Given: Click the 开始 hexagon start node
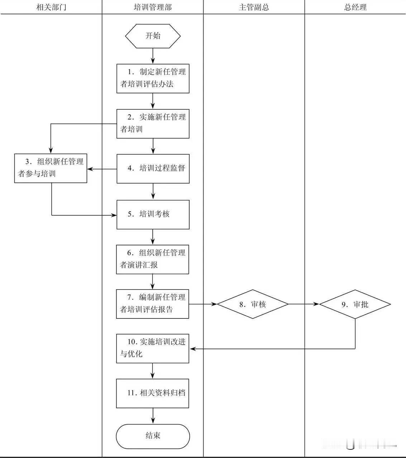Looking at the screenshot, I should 153,36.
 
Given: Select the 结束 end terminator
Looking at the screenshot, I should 153,436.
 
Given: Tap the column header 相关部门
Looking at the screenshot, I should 51,7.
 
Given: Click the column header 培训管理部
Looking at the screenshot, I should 153,7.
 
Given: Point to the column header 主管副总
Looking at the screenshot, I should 254,7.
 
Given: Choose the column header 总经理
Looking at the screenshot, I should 355,7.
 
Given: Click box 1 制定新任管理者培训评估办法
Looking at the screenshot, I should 153,78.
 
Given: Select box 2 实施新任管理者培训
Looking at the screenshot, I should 153,123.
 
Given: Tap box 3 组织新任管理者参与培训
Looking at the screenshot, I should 51,168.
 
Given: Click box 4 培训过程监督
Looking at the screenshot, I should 153,169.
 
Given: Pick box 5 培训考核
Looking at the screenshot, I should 153,214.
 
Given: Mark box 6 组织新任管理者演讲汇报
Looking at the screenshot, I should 152,259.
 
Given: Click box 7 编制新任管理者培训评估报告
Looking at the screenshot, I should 152,304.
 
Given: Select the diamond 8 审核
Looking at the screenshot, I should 253,304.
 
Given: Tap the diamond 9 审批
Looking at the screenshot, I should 355,304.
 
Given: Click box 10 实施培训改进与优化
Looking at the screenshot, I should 152,349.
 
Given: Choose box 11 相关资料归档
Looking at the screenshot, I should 152,393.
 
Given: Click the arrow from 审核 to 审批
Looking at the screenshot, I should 304,304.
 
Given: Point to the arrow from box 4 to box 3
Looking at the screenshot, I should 102,169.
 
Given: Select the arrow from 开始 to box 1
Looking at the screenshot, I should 153,56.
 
